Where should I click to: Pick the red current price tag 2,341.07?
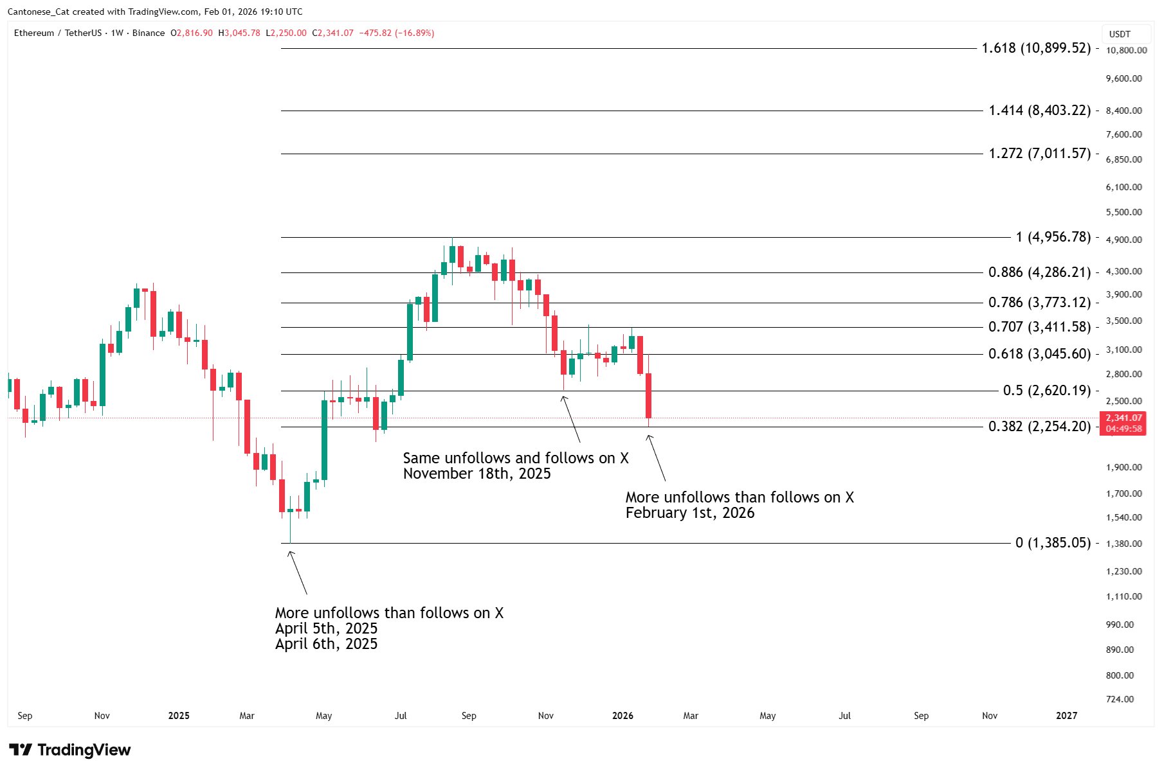1124,418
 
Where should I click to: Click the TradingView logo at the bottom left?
70,750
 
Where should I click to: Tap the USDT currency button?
1120,34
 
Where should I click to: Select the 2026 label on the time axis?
622,716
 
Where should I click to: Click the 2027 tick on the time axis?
1066,716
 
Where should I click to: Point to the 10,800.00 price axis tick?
1126,50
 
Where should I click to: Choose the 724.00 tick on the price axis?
1120,699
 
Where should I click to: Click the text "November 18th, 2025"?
477,474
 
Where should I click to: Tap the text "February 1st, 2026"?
689,513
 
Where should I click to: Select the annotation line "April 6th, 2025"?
326,644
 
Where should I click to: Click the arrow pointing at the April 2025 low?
298,573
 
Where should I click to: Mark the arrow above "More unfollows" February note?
657,458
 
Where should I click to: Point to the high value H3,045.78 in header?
239,33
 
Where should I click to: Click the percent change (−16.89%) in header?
415,33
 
